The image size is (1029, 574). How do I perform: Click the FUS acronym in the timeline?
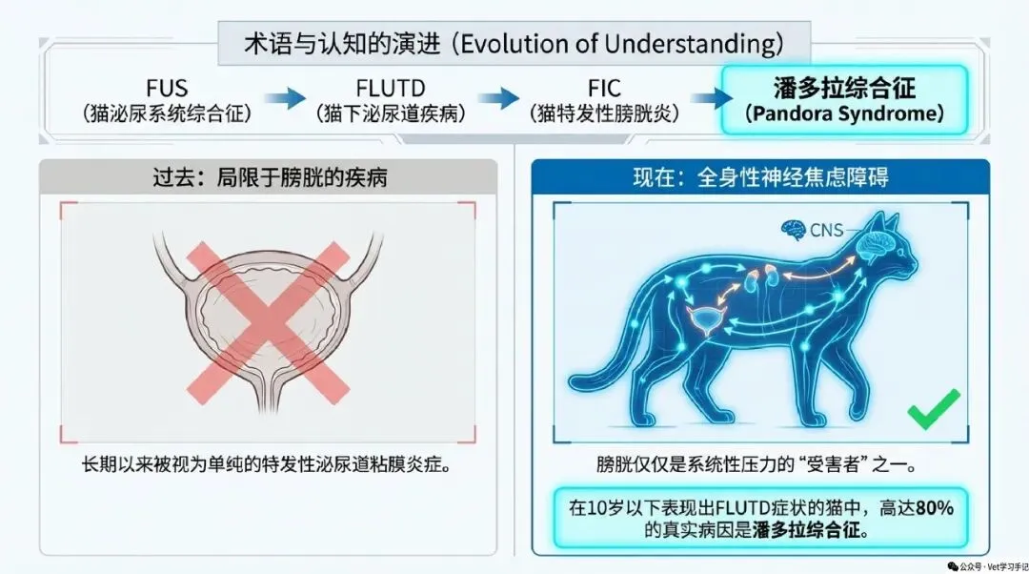pyautogui.click(x=167, y=88)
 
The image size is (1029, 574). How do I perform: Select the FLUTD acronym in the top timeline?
pyautogui.click(x=391, y=88)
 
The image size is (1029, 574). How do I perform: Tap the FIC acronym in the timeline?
pyautogui.click(x=604, y=88)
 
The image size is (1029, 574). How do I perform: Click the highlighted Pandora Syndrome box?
pyautogui.click(x=844, y=100)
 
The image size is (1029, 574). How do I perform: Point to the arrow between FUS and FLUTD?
pyautogui.click(x=285, y=98)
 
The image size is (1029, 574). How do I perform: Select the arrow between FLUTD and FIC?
pyautogui.click(x=498, y=98)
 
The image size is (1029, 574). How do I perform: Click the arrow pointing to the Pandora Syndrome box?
pyautogui.click(x=712, y=98)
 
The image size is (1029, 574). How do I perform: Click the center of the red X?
pyautogui.click(x=268, y=322)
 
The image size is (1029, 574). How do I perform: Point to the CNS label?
pyautogui.click(x=826, y=231)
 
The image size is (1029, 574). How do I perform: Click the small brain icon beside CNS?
pyautogui.click(x=794, y=230)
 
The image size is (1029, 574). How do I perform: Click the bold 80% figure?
pyautogui.click(x=935, y=507)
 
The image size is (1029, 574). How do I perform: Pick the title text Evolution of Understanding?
pyautogui.click(x=621, y=44)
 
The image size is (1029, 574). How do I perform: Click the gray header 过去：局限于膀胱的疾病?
pyautogui.click(x=270, y=177)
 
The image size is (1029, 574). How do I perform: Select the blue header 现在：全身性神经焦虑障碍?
pyautogui.click(x=760, y=177)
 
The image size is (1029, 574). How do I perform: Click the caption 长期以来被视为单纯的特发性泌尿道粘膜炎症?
pyautogui.click(x=267, y=465)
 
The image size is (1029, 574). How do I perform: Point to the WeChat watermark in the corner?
pyautogui.click(x=987, y=566)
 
